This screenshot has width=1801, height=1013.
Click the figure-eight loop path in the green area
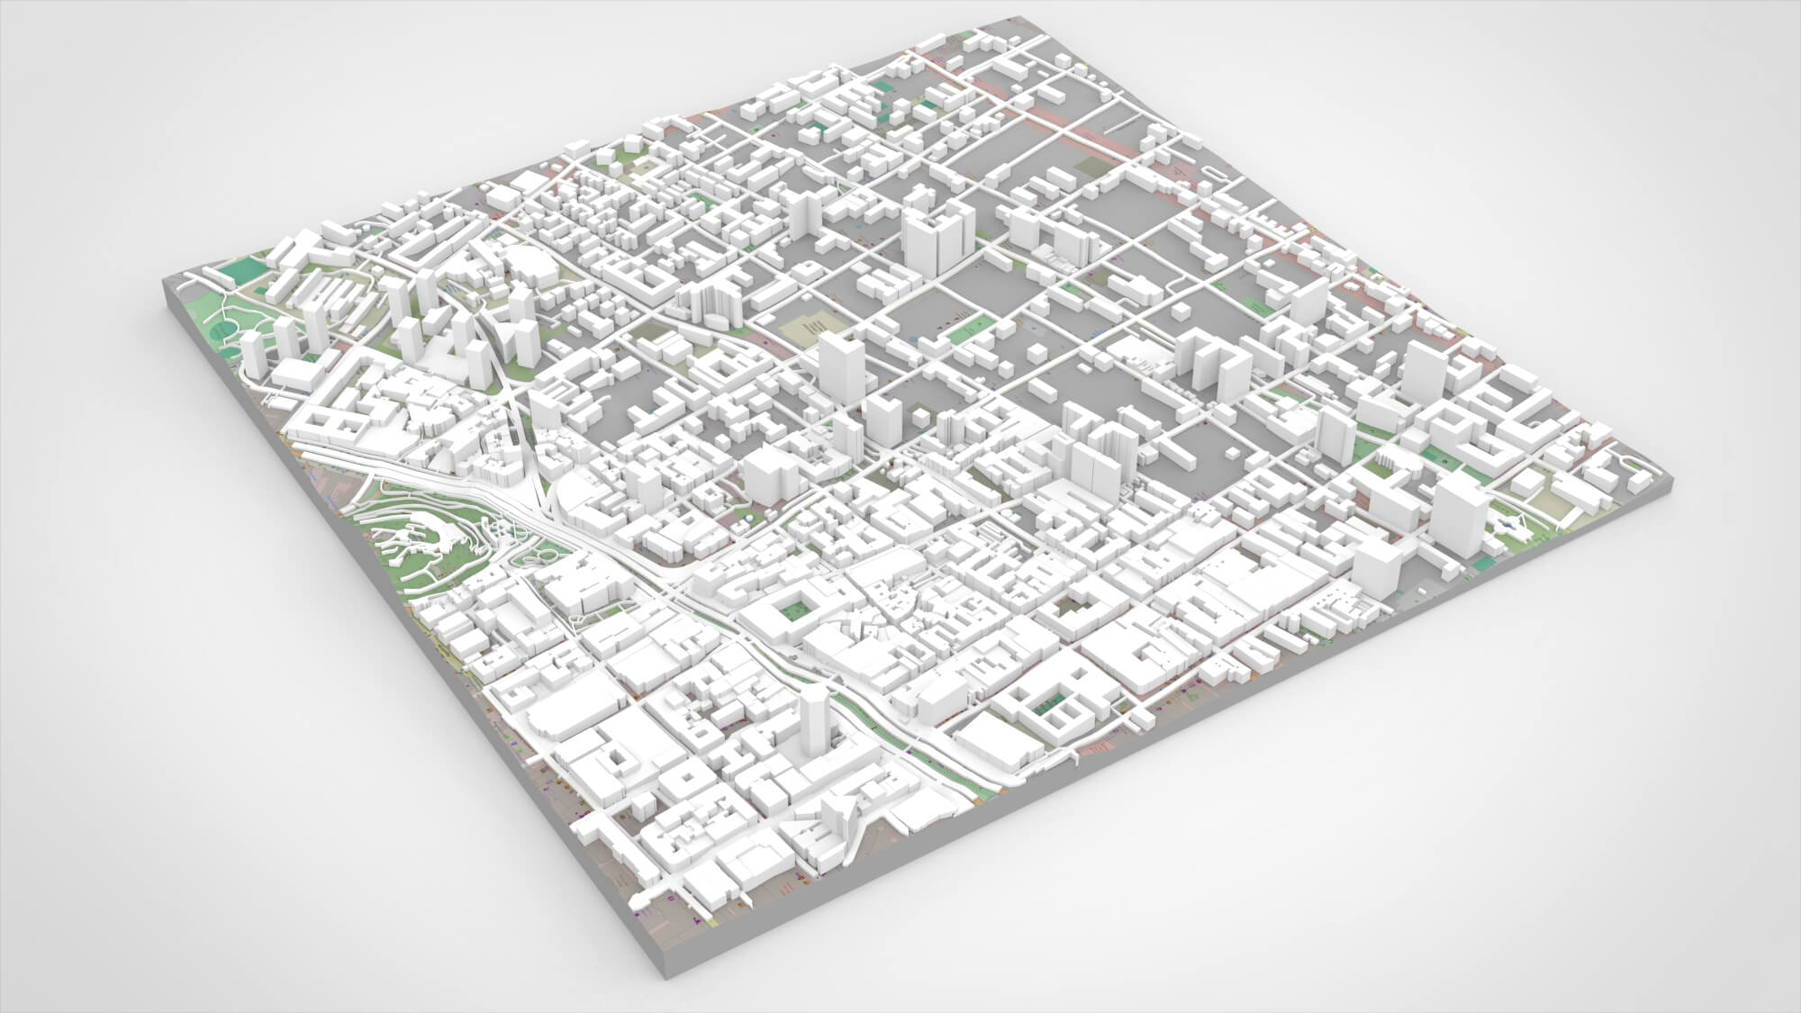[x=538, y=557]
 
